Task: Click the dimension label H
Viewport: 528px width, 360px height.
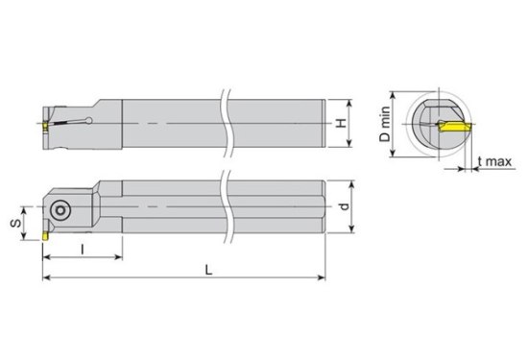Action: click(342, 123)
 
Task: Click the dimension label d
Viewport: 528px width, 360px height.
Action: click(344, 206)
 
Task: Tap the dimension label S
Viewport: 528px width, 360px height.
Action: click(15, 223)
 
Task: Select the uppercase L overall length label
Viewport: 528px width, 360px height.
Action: click(209, 270)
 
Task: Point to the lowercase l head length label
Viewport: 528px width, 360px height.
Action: click(83, 250)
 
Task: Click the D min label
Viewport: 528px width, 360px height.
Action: click(385, 124)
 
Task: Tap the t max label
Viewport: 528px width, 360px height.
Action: click(494, 161)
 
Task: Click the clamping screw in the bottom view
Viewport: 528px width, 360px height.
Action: click(60, 210)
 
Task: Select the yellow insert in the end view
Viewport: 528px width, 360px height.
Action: click(453, 128)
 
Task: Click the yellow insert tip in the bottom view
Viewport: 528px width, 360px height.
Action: click(45, 236)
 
